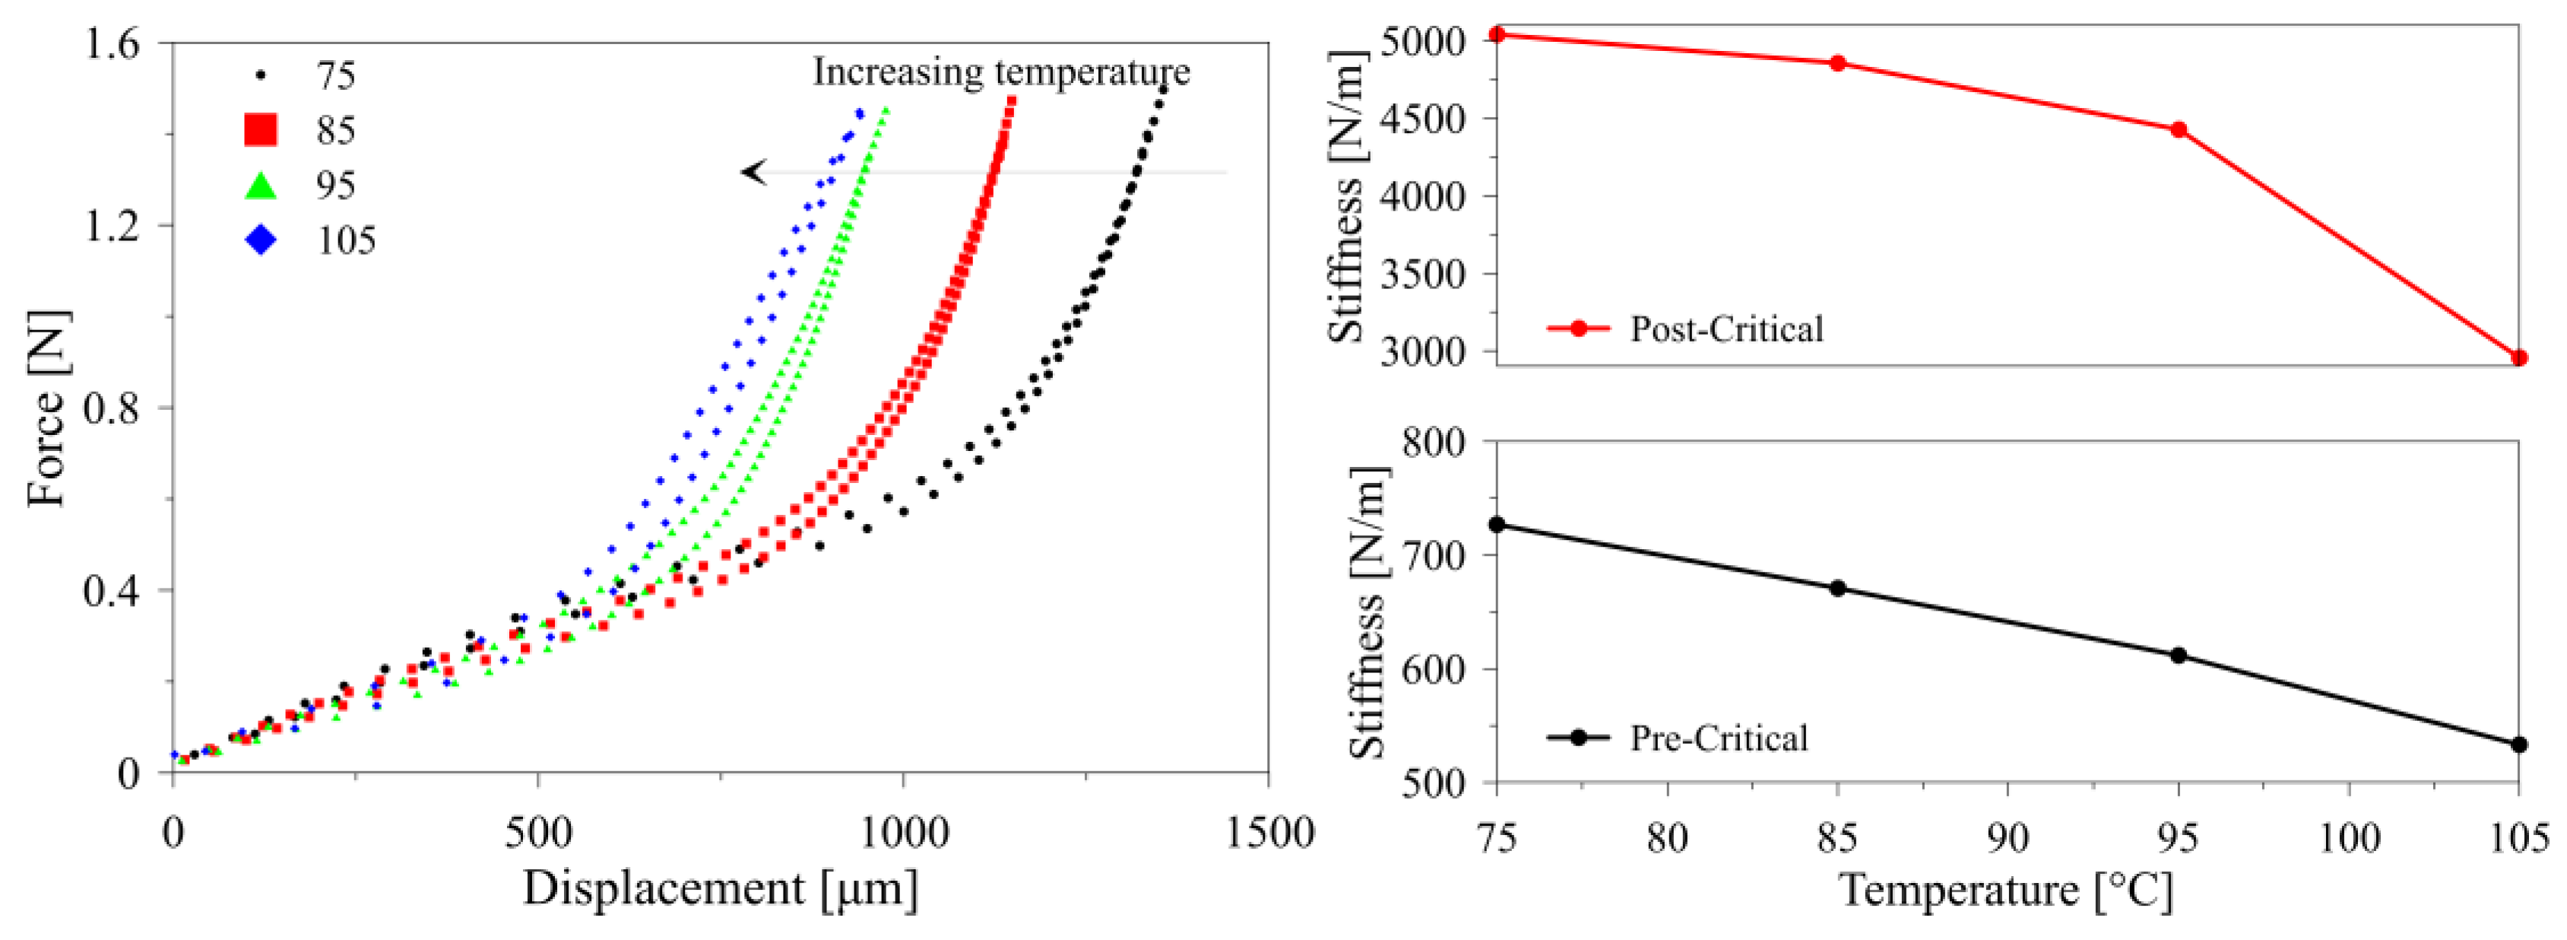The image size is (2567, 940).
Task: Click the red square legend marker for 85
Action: [261, 129]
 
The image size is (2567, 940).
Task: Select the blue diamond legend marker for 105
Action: [261, 240]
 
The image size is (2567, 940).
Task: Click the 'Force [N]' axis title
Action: [48, 408]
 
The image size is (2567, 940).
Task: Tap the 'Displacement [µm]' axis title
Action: [720, 888]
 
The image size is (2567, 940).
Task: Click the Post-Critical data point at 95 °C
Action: [2179, 129]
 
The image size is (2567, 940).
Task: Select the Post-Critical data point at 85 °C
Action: [1837, 63]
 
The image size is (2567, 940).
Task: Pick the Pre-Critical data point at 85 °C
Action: [1837, 588]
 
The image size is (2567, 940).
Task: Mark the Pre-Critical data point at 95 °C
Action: [2179, 655]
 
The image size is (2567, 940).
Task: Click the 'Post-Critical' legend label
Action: [1726, 329]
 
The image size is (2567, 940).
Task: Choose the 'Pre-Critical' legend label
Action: [1718, 738]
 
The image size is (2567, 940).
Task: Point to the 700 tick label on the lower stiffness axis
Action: [1435, 554]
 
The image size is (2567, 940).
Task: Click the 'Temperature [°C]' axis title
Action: [2005, 890]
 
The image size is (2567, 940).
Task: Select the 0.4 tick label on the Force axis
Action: [112, 591]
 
